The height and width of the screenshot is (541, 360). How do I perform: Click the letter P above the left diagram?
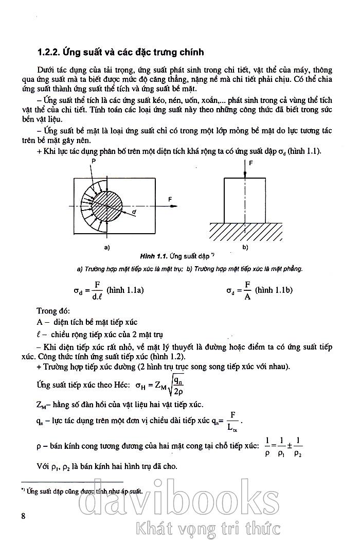(x=94, y=161)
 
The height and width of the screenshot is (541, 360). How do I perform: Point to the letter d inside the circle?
(x=134, y=212)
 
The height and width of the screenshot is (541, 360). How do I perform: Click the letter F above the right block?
(x=251, y=163)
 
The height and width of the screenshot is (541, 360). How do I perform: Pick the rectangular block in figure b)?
(x=246, y=200)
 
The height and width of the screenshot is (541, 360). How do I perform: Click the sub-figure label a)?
(x=107, y=248)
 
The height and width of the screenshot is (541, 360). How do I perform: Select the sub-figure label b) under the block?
(x=245, y=248)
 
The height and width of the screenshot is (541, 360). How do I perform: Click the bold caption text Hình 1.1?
(x=154, y=256)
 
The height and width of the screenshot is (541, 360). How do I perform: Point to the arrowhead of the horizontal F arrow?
(x=176, y=206)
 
